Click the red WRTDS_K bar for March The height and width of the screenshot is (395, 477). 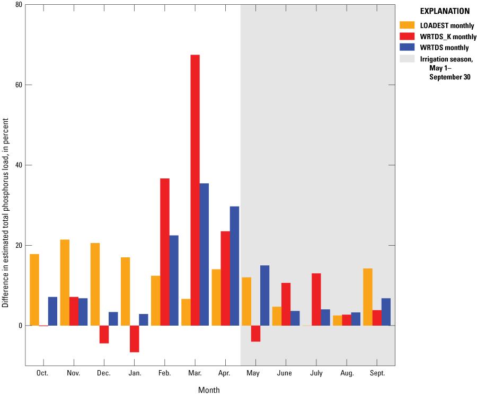coord(195,190)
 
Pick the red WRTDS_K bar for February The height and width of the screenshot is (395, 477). coord(165,252)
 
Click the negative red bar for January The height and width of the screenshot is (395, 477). coord(134,339)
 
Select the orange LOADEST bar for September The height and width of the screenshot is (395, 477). coord(368,297)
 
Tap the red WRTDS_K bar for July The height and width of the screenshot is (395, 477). coord(316,299)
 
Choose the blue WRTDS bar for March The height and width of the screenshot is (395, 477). coord(204,254)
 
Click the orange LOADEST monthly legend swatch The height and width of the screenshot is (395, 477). coord(407,25)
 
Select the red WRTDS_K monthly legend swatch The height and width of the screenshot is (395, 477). coord(407,36)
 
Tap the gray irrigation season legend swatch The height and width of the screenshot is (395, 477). coord(407,58)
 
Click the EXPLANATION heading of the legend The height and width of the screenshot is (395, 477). coord(444,11)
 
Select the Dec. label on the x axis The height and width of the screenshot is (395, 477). coord(104,373)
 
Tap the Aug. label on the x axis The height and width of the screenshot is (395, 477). coord(347,373)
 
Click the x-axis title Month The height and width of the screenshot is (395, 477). coord(209,390)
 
